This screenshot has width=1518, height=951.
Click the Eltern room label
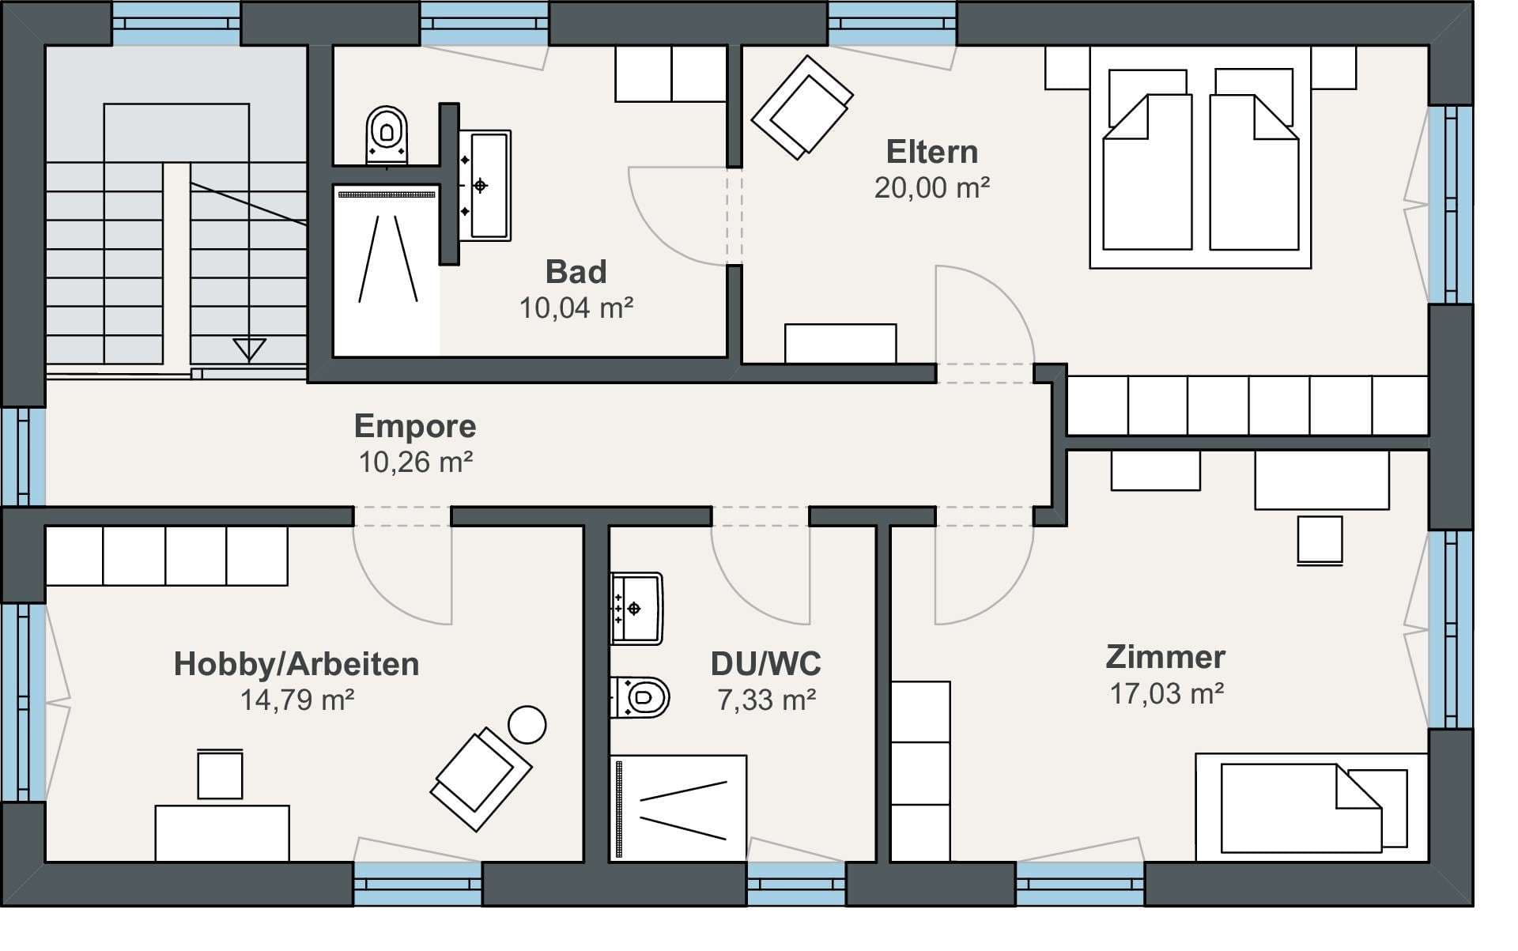[931, 151]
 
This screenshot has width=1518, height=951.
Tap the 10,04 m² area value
[576, 308]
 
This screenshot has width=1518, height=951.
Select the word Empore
[415, 426]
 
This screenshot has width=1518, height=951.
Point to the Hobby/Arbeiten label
[296, 664]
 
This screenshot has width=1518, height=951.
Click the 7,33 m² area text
[766, 700]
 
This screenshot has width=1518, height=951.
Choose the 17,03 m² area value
[1166, 693]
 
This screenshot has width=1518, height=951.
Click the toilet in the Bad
[387, 135]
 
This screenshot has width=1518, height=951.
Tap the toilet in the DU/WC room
[640, 697]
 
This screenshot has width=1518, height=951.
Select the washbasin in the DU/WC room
[636, 609]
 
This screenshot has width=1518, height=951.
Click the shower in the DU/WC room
[678, 808]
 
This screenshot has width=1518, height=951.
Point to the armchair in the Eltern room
[802, 107]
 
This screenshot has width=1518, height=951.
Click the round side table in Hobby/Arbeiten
[527, 724]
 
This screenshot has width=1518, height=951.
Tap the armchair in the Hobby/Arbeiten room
[480, 779]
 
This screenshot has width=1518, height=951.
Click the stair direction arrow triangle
[249, 349]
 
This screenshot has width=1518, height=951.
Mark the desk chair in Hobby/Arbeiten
[220, 774]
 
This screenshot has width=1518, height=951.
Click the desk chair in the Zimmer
[1320, 541]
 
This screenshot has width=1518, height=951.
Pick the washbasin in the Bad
[485, 185]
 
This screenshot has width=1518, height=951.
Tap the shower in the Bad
[387, 270]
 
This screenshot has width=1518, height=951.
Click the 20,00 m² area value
[931, 187]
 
